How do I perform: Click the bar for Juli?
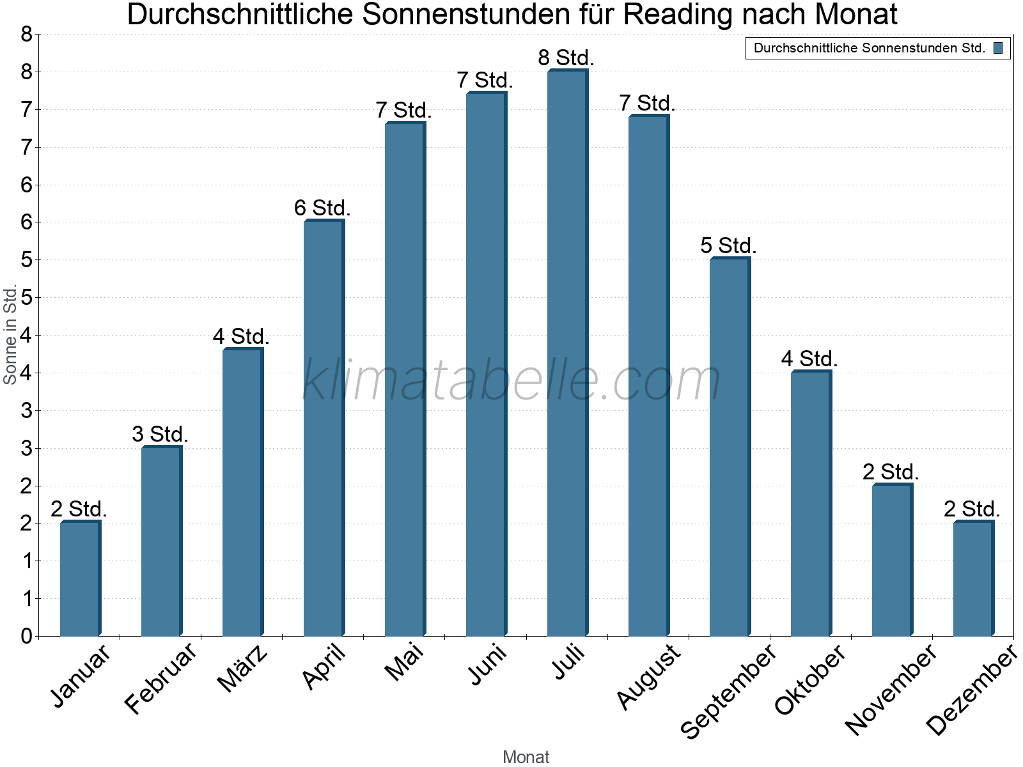567,353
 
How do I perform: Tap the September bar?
730,447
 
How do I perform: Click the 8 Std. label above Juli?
566,58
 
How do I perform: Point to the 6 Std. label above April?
322,208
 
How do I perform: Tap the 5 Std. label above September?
728,245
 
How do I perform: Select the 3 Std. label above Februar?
160,434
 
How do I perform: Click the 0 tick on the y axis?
26,636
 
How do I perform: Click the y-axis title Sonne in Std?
10,334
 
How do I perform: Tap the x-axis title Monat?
526,757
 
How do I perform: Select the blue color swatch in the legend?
998,48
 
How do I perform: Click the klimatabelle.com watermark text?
511,380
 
